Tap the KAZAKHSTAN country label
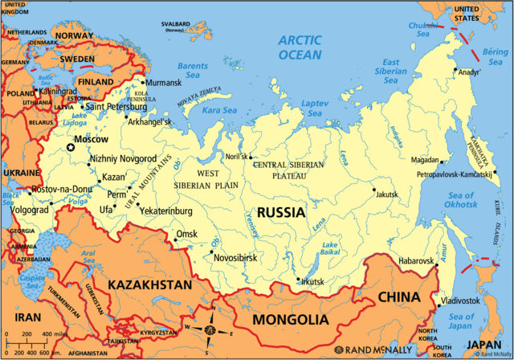tap(149, 285)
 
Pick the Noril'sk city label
tap(234, 157)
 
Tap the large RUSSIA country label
tap(280, 213)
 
